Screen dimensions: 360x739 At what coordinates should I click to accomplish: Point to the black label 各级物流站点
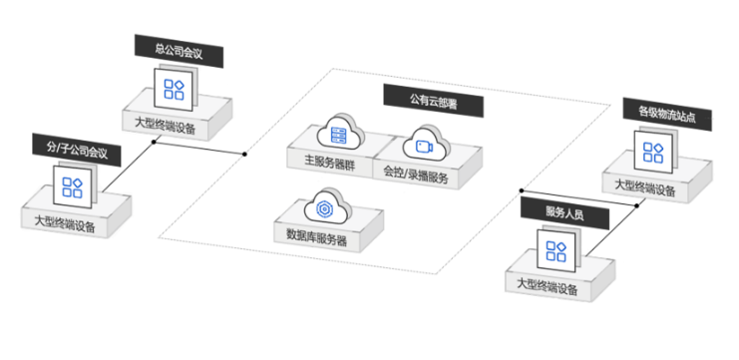pyautogui.click(x=658, y=109)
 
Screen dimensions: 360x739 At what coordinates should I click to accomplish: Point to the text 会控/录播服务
pyautogui.click(x=416, y=172)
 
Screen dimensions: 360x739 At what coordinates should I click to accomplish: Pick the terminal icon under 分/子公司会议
pyautogui.click(x=72, y=185)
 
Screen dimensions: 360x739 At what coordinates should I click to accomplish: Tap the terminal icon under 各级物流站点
pyautogui.click(x=653, y=151)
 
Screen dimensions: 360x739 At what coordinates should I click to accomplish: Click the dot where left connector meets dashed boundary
pyautogui.click(x=244, y=155)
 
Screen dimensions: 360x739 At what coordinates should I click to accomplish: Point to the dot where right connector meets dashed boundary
pyautogui.click(x=522, y=191)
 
